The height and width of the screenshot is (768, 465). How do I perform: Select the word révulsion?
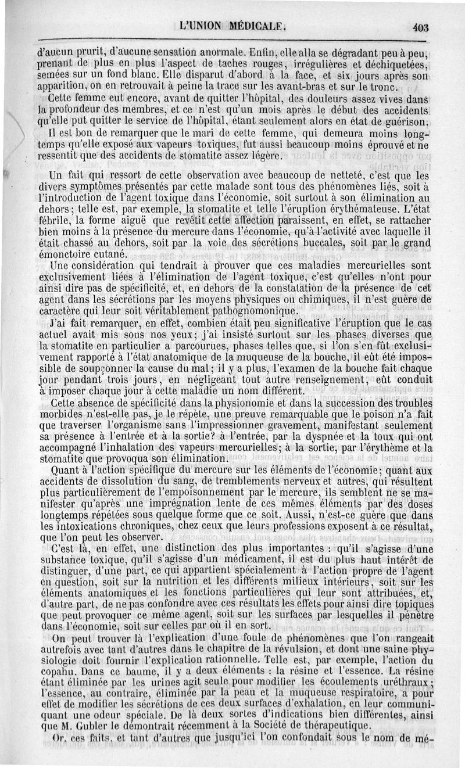320,648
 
